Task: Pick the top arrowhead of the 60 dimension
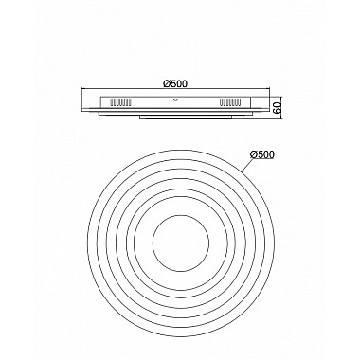(x=268, y=92)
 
